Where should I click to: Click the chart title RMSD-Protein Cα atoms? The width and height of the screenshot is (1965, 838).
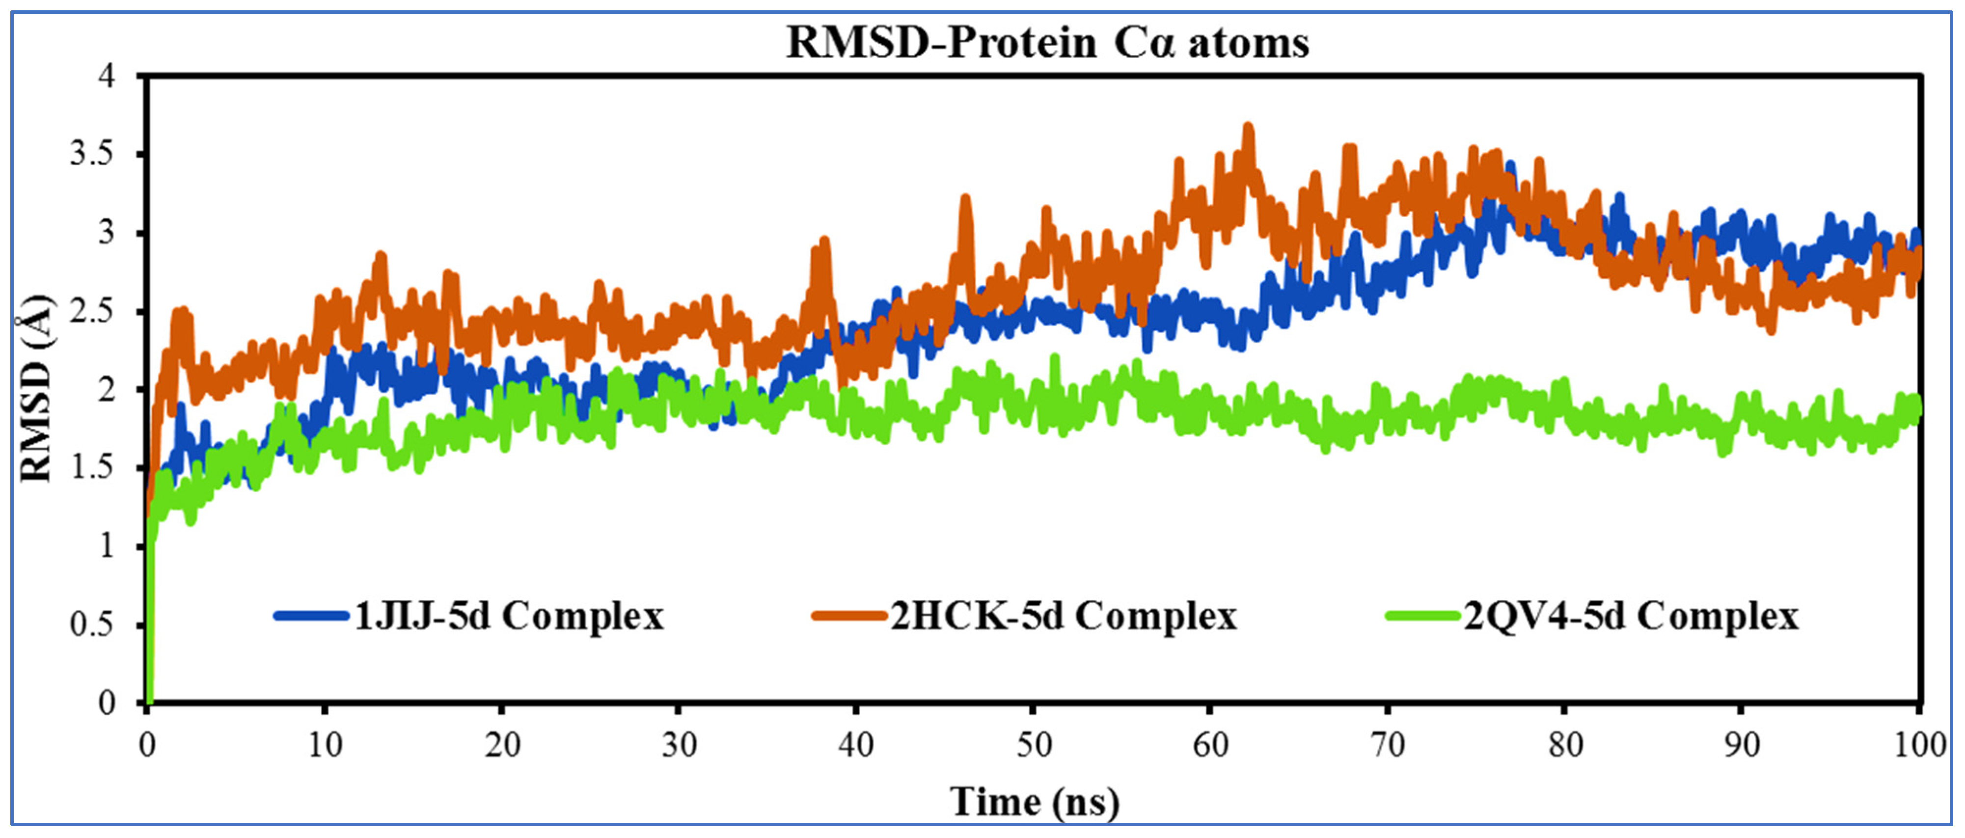click(x=1047, y=43)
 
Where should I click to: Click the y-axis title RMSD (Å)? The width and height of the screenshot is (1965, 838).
click(x=36, y=389)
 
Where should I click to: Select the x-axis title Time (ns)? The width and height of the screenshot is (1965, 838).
click(x=1035, y=801)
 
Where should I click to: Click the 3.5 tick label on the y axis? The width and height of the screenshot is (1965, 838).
click(x=91, y=154)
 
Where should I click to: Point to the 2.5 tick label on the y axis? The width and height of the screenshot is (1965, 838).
click(x=91, y=311)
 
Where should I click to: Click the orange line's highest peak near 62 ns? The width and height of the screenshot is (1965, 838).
click(x=1248, y=127)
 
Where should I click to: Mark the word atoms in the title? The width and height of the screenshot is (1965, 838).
click(x=1249, y=43)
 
